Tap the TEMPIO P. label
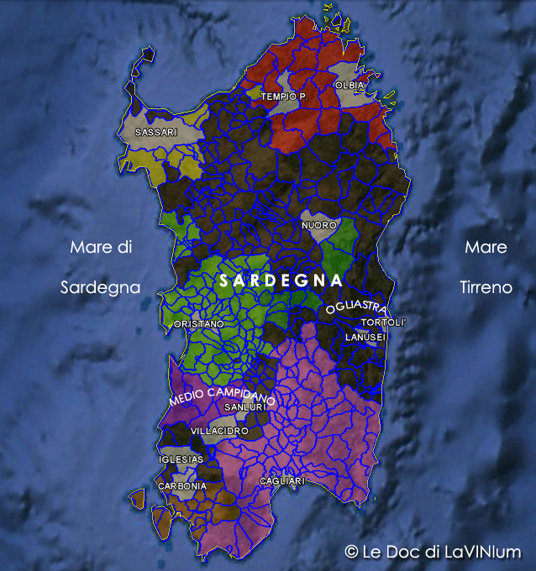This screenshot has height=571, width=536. (x=284, y=97)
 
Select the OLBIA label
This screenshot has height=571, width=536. (x=350, y=86)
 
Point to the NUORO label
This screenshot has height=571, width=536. (x=318, y=226)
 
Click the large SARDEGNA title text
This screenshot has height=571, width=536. (x=281, y=280)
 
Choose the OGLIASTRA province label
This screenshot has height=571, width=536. (x=357, y=306)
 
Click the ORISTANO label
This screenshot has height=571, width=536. (x=199, y=323)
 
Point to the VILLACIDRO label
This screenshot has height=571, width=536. (x=219, y=431)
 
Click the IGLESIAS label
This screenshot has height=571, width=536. (x=181, y=460)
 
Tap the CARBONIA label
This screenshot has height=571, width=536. (x=182, y=486)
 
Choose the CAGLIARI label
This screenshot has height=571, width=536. (x=281, y=481)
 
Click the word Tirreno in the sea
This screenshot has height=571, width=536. (x=486, y=287)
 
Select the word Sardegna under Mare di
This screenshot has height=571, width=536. (x=100, y=287)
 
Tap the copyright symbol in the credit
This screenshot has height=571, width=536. (x=351, y=552)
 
